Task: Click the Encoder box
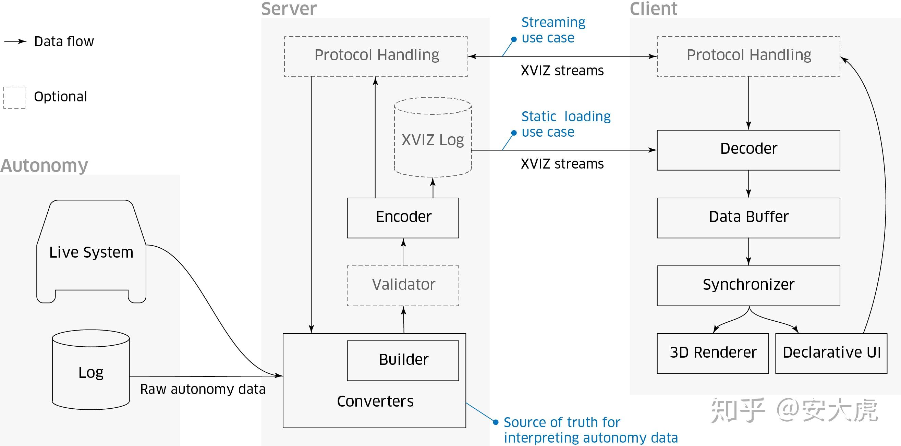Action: click(403, 218)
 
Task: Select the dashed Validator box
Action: click(403, 286)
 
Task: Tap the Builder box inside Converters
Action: click(403, 360)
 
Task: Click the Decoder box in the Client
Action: click(748, 150)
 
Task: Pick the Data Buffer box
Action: click(748, 218)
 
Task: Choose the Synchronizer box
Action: click(748, 286)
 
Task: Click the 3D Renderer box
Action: click(713, 354)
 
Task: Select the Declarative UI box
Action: click(831, 354)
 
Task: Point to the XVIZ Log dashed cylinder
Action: click(433, 140)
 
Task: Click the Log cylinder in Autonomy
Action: click(91, 372)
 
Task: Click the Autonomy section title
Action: click(44, 165)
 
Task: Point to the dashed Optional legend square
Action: click(14, 98)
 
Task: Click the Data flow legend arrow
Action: click(15, 41)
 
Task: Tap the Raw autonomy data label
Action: click(203, 389)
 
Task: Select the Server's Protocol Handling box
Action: click(376, 56)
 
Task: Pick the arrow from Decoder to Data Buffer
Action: click(748, 184)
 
